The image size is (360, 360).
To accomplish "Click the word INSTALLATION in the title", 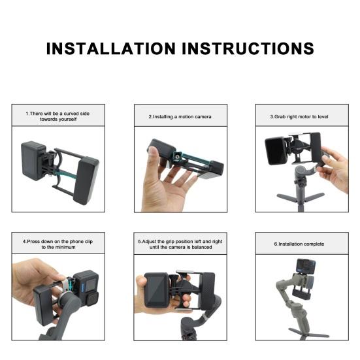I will (111, 48).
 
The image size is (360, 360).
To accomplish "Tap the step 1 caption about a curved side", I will (57, 116).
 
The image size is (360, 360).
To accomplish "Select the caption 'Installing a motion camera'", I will (180, 116).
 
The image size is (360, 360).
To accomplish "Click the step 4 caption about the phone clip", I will (57, 244).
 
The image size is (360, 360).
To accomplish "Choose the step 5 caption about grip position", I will (180, 244).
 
